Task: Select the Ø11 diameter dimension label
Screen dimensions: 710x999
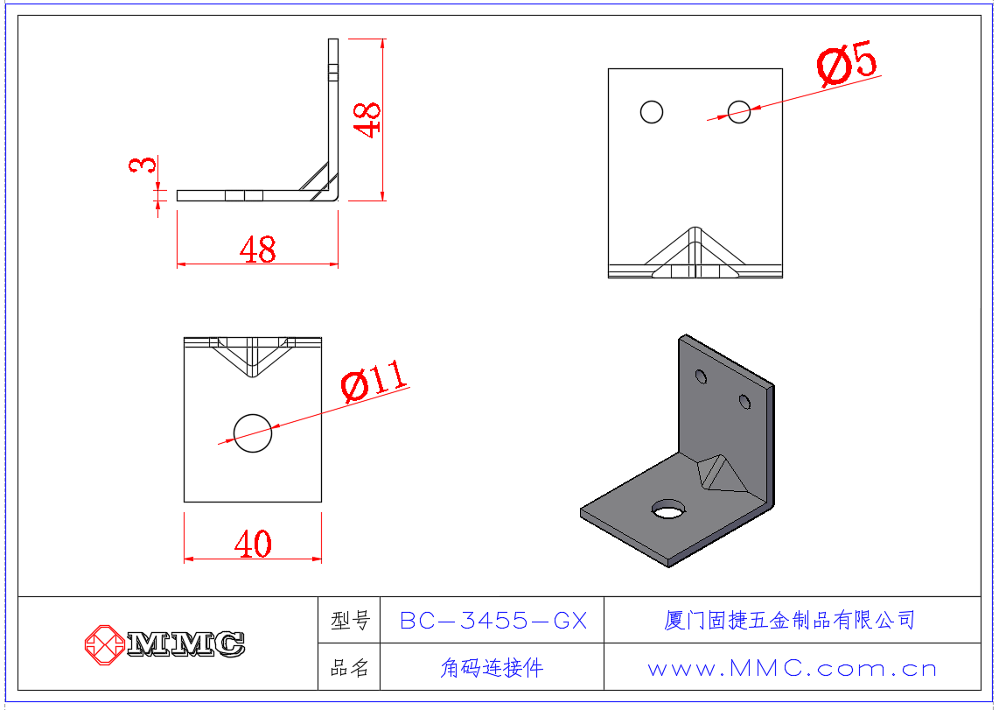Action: point(374,382)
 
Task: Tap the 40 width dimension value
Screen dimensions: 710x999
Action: point(253,545)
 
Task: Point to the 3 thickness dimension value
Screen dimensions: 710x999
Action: point(144,165)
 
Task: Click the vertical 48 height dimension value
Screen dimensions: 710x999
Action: point(368,119)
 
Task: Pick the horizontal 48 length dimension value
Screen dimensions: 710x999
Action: point(257,250)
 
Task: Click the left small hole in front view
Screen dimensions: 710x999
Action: point(652,112)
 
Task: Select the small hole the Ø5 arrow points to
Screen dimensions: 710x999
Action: point(739,112)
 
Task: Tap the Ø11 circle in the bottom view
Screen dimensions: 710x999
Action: point(253,432)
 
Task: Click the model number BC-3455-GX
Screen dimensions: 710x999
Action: point(493,621)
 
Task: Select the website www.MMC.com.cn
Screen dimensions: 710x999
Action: point(792,669)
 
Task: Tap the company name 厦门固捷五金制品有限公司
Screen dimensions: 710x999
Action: point(789,621)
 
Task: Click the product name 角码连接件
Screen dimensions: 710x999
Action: point(492,669)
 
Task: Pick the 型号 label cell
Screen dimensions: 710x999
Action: point(350,621)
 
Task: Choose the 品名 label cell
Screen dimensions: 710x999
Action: point(350,669)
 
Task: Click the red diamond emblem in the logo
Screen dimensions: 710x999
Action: point(105,644)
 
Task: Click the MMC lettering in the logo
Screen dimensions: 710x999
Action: point(185,644)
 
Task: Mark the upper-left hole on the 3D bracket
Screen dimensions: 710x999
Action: point(701,376)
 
